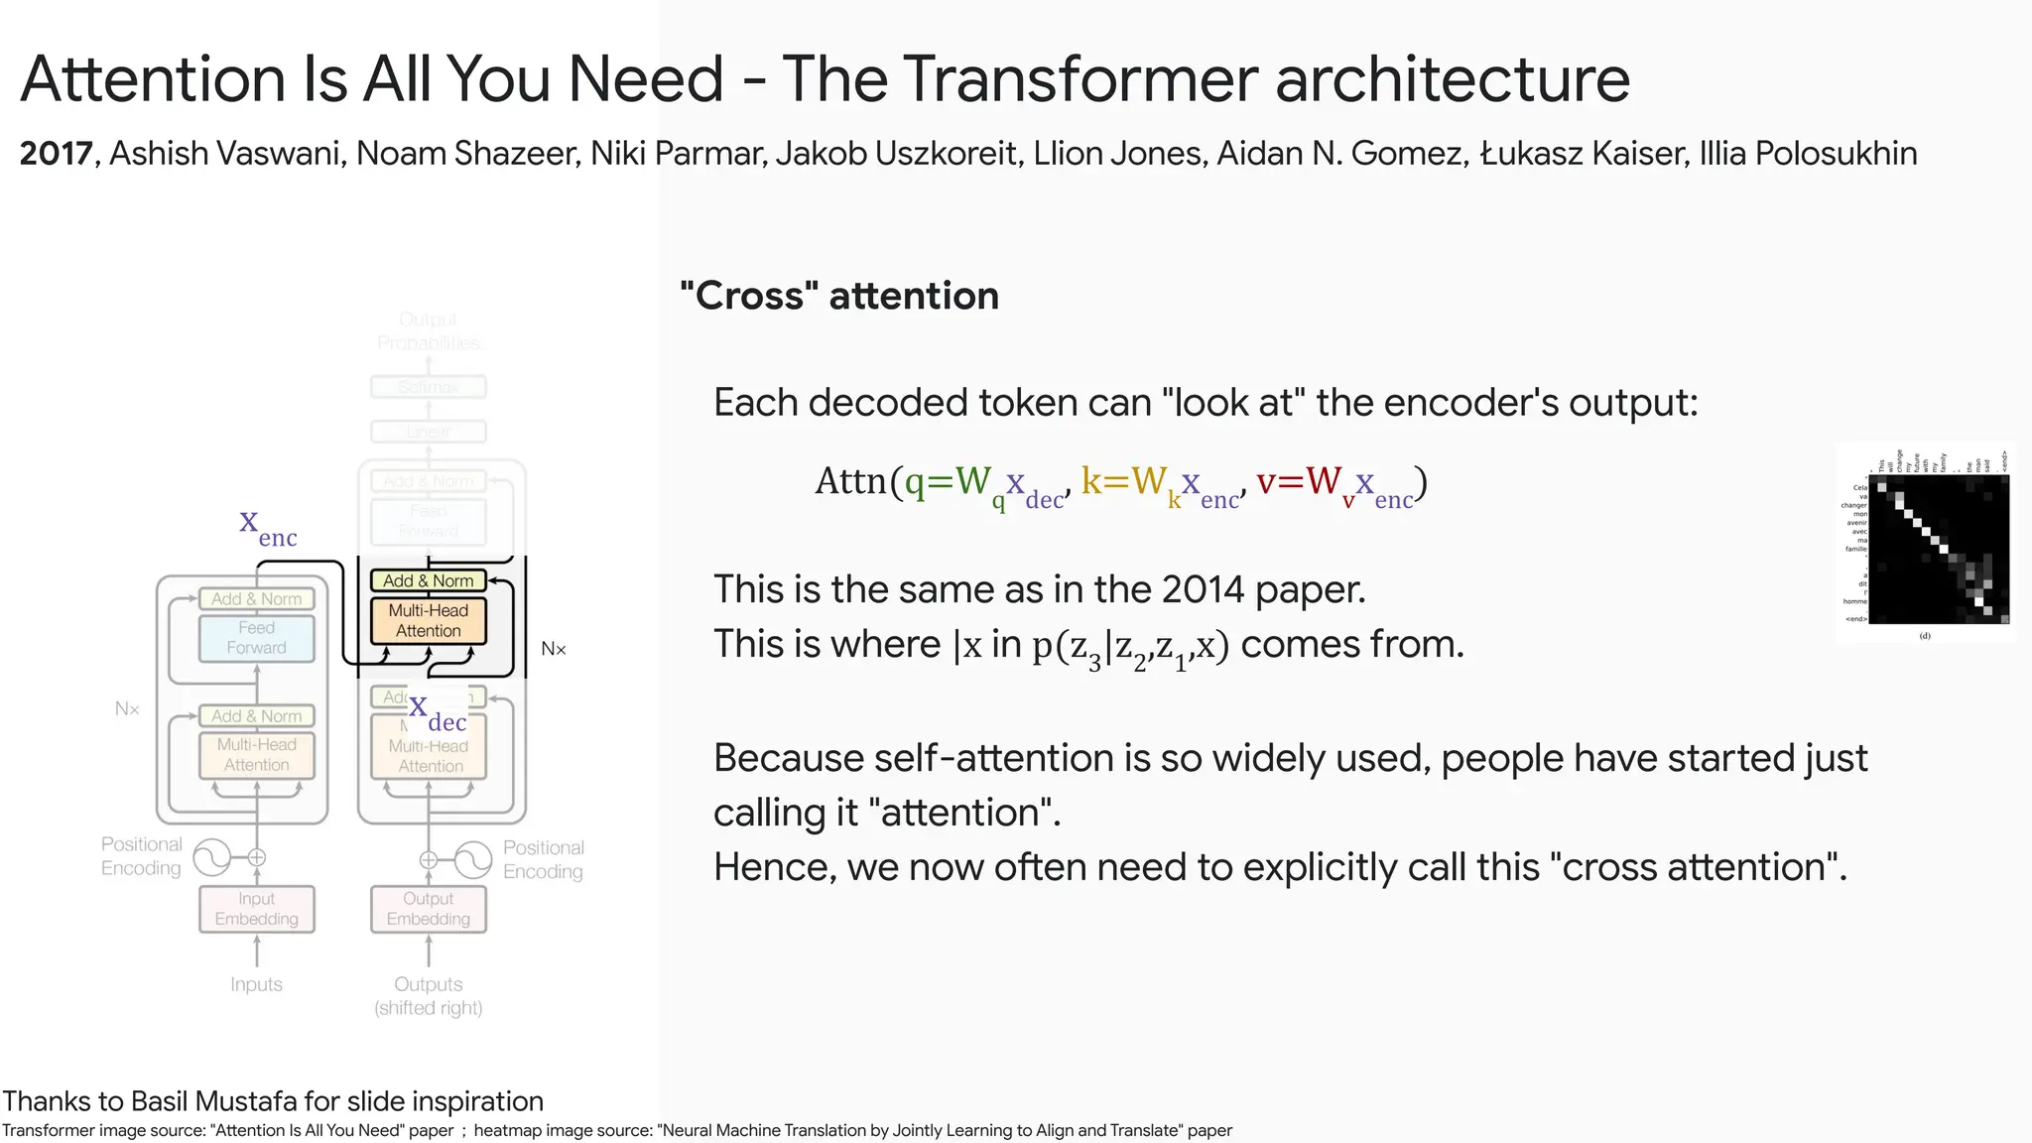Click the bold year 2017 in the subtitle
[x=57, y=154]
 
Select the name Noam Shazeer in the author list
[x=466, y=154]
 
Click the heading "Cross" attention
[x=839, y=296]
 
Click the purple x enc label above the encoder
[x=267, y=527]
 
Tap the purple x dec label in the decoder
[x=437, y=713]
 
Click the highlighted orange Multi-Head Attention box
[x=429, y=621]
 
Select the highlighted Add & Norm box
[x=429, y=580]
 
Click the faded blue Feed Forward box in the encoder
[x=256, y=638]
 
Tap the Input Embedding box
[x=256, y=909]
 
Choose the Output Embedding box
[x=429, y=909]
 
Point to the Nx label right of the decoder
[x=553, y=649]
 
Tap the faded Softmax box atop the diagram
[x=429, y=387]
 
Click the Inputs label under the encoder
[x=256, y=984]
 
